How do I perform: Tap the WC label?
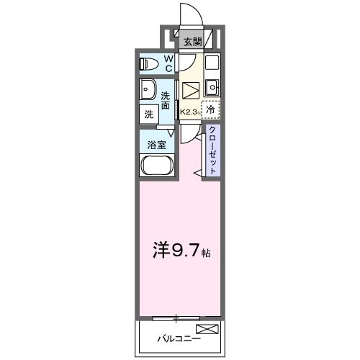click(168, 63)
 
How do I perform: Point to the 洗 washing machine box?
click(148, 114)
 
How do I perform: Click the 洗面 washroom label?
click(166, 101)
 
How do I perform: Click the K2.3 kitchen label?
click(190, 112)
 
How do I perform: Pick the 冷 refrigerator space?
click(210, 109)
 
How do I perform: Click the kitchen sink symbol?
click(211, 88)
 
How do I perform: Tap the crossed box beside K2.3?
click(190, 91)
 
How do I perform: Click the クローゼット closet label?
click(213, 150)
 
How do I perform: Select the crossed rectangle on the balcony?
click(206, 330)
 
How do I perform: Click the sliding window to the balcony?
click(176, 317)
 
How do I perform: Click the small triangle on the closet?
click(197, 173)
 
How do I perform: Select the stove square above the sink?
click(211, 63)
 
